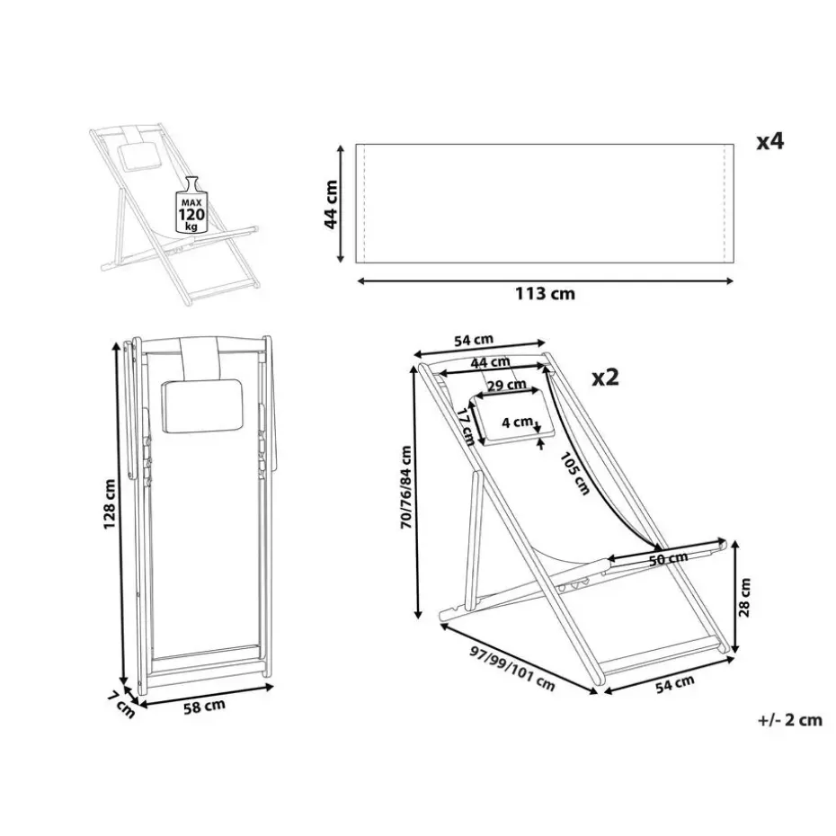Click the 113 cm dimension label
[545, 294]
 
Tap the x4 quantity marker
[770, 142]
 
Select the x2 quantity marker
[605, 378]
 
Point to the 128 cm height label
[110, 504]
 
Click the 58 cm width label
[204, 707]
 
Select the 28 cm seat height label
[745, 598]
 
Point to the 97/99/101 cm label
[512, 669]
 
